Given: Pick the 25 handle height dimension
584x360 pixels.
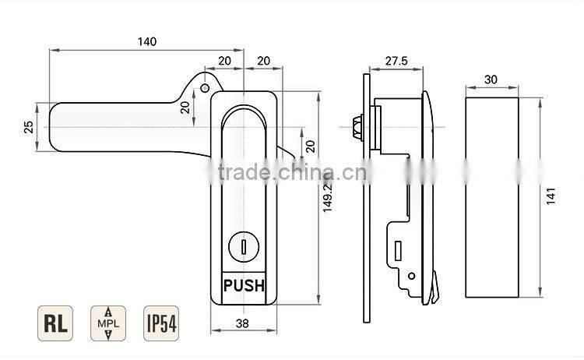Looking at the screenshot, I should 29,127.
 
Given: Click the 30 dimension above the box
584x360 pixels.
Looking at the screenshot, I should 491,79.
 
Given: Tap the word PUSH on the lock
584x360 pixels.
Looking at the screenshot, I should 244,285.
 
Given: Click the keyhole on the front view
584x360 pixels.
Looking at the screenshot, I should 244,249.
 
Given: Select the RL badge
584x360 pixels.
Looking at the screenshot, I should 54,323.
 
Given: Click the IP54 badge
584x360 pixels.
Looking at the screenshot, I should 159,323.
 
